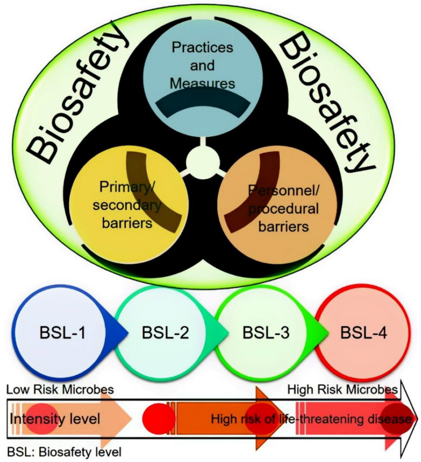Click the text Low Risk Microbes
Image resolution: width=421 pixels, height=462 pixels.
click(x=60, y=389)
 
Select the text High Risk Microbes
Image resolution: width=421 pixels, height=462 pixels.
click(x=342, y=389)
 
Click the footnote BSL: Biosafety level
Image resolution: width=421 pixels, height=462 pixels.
click(x=65, y=450)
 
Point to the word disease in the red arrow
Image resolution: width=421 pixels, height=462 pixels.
click(x=389, y=419)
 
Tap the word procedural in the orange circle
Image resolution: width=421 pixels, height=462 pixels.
click(x=283, y=208)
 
